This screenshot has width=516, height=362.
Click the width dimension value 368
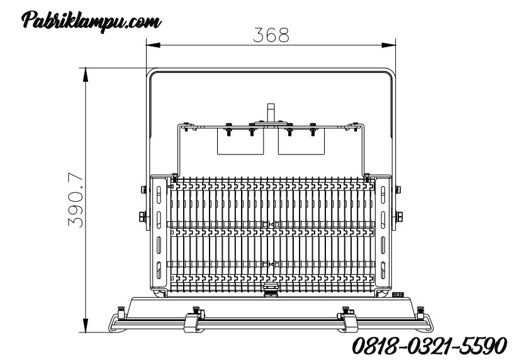271,35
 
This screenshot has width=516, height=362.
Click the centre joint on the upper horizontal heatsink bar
271,224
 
